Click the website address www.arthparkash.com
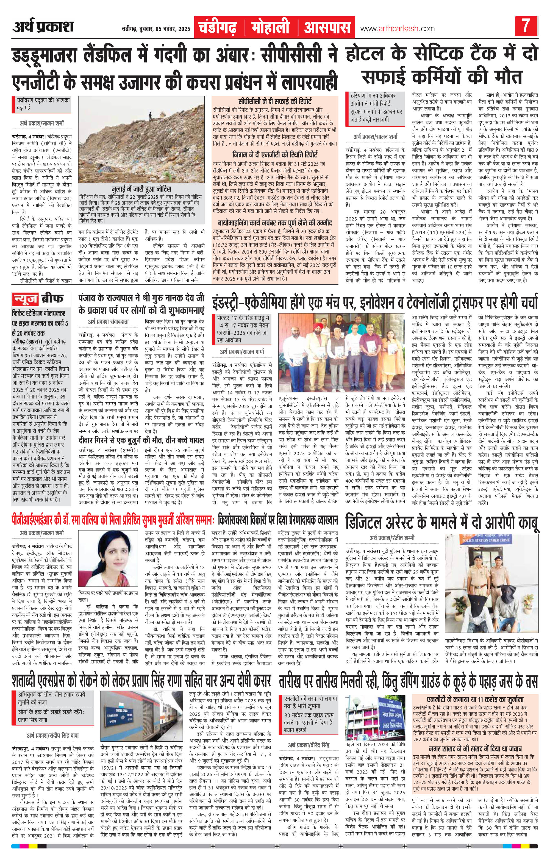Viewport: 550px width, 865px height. click(393, 28)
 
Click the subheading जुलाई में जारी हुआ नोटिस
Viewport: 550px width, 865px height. click(141, 189)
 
